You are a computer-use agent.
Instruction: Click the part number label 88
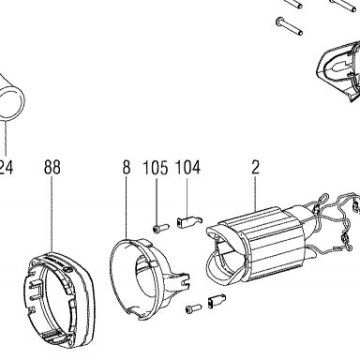point(52,167)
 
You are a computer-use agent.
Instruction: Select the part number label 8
point(126,167)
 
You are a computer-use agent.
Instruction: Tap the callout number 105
point(156,167)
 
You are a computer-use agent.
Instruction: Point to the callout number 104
point(187,167)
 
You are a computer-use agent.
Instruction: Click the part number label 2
point(255,167)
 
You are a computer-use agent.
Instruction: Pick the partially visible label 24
point(7,167)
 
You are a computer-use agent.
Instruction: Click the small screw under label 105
point(160,228)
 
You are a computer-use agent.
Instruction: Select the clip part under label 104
point(189,221)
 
